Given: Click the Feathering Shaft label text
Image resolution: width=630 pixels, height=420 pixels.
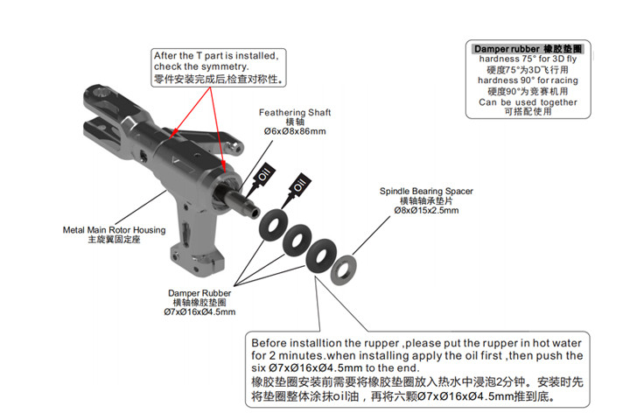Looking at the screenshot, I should click(294, 113).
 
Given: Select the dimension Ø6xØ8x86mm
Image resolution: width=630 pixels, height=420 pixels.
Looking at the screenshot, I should click(294, 132).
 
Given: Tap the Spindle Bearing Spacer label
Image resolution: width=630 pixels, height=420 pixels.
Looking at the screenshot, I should click(426, 191).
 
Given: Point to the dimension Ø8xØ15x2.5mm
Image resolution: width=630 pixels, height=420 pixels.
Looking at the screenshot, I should click(426, 211).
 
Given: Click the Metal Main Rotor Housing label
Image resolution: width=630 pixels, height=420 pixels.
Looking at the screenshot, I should click(114, 230).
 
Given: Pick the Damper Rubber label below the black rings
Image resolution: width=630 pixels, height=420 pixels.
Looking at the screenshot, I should click(199, 293).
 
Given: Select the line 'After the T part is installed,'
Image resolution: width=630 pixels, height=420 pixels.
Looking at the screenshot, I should click(216, 54).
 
